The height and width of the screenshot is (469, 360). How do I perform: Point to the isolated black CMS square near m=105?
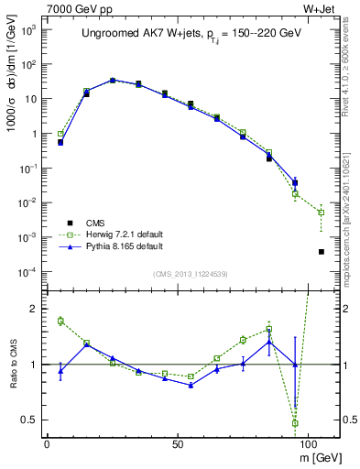tap(321, 252)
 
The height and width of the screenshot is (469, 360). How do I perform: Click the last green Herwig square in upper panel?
tap(321, 213)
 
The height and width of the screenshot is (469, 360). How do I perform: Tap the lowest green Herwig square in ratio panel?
tap(295, 423)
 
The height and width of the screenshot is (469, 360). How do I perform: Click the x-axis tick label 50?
tap(177, 442)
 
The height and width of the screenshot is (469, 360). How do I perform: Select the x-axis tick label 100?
tap(307, 442)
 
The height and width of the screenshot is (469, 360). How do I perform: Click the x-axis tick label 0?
tap(47, 442)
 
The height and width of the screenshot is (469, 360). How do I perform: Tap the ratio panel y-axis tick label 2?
tap(34, 309)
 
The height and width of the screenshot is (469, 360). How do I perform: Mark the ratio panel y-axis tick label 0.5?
tap(30, 420)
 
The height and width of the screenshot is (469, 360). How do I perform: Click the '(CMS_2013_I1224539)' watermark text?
tap(190, 273)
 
